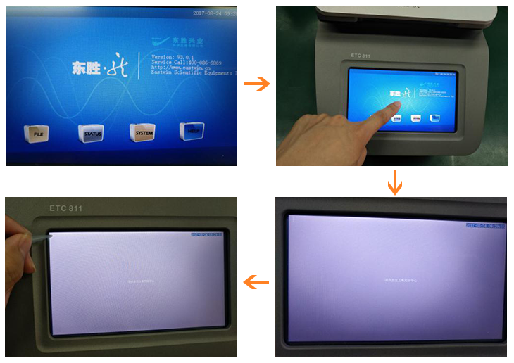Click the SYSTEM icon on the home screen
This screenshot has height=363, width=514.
click(x=143, y=132)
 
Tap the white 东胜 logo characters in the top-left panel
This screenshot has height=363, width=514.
click(x=86, y=68)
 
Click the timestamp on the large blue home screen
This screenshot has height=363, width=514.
click(x=214, y=13)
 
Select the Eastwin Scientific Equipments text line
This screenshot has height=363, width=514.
click(x=194, y=74)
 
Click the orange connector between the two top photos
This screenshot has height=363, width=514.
click(x=257, y=84)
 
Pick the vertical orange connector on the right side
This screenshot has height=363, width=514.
click(x=395, y=182)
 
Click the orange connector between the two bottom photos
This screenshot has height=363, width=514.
click(x=256, y=282)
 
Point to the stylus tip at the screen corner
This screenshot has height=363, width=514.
click(x=50, y=237)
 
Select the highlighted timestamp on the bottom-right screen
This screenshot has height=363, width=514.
click(x=486, y=225)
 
